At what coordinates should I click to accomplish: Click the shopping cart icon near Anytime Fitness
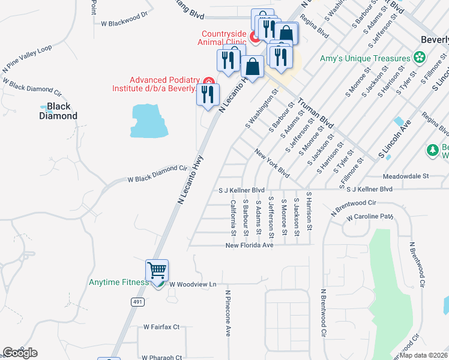157,271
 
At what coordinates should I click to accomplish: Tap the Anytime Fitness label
119,283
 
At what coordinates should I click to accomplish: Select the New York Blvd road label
272,163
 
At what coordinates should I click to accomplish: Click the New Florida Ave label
249,245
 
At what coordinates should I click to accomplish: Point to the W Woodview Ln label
192,284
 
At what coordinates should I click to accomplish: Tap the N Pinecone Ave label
228,313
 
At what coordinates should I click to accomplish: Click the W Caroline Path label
369,216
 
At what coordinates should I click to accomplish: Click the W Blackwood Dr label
124,19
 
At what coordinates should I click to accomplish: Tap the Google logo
20,353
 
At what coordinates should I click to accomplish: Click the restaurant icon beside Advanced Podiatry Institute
208,94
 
